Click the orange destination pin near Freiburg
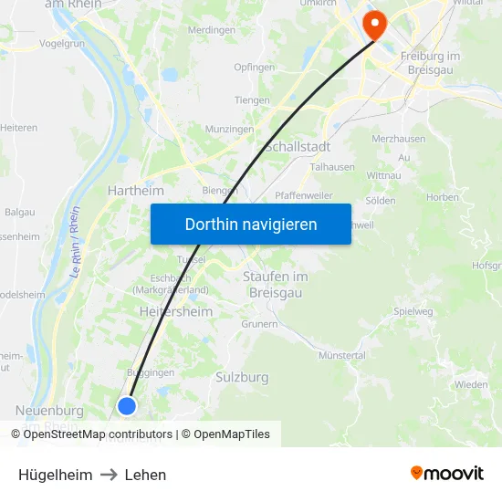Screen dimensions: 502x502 373,23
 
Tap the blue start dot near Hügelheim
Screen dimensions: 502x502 127,406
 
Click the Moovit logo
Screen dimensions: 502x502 447,474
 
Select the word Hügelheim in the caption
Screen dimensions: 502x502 55,475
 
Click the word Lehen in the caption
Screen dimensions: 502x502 145,475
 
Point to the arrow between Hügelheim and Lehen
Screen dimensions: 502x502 109,475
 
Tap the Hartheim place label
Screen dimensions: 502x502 136,191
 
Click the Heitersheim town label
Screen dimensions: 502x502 176,312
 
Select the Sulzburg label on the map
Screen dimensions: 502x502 242,377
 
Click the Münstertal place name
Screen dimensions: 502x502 342,355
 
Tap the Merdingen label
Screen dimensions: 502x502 212,29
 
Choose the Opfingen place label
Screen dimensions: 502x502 254,68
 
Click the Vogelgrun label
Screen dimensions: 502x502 63,42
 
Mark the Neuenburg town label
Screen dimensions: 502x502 49,411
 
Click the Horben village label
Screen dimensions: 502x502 443,196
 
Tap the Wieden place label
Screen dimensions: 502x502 471,385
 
